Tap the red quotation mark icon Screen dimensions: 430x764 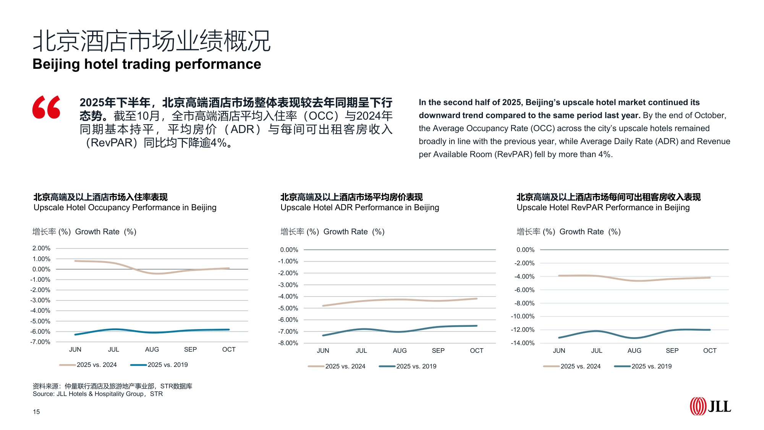pos(47,107)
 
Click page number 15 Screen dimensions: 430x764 pos(36,412)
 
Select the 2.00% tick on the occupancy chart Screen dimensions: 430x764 pos(41,248)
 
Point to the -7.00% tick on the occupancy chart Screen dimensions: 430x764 pos(40,342)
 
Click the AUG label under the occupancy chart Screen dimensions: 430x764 pos(152,349)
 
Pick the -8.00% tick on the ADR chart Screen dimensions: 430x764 pos(288,343)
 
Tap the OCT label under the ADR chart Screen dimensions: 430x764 pos(476,350)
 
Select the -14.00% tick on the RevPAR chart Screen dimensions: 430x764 pos(523,343)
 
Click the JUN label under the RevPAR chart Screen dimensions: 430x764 pos(559,350)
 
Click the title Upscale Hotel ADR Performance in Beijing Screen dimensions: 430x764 pos(359,208)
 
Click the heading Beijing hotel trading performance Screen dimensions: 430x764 pos(147,64)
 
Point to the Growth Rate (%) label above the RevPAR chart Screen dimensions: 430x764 pos(590,232)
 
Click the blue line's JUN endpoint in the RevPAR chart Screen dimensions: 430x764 pos(559,338)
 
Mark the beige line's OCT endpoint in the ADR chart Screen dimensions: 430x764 pos(476,299)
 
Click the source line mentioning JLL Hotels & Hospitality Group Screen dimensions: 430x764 pos(98,394)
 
